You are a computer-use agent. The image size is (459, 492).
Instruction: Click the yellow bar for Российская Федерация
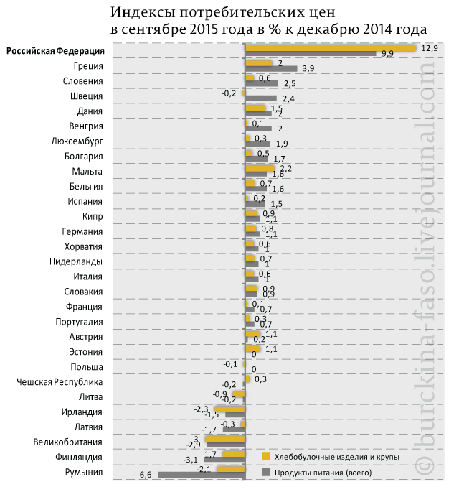[x=331, y=48]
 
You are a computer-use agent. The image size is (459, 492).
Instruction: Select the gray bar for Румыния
[x=202, y=475]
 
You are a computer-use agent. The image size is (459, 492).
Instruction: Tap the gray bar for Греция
[x=271, y=69]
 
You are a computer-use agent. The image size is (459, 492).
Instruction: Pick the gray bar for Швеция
[x=261, y=98]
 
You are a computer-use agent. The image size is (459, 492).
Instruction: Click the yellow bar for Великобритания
[x=225, y=439]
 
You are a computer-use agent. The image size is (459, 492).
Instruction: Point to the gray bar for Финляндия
[x=224, y=460]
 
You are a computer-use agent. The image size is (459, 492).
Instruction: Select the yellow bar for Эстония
[x=253, y=349]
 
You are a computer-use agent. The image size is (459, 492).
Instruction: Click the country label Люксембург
[x=77, y=141]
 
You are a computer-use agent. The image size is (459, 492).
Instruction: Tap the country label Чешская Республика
[x=60, y=381]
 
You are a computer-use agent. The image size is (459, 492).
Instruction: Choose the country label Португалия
[x=76, y=322]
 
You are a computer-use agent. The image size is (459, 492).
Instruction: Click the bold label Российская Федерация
[x=55, y=51]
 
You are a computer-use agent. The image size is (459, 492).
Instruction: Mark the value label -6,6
[x=146, y=475]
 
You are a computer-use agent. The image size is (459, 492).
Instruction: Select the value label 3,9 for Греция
[x=309, y=69]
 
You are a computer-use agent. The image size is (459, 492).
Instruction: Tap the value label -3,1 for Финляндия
[x=191, y=460]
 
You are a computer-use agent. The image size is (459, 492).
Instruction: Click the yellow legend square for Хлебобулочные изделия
[x=266, y=457]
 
